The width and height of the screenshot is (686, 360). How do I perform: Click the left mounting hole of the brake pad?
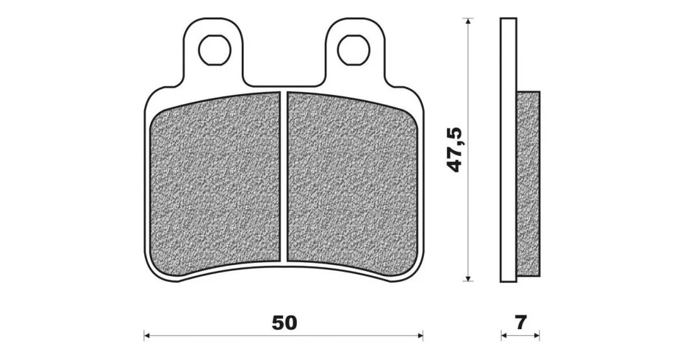pyautogui.click(x=214, y=50)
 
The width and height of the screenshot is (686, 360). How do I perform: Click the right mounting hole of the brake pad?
pyautogui.click(x=354, y=50)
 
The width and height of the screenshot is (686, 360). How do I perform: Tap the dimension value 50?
pyautogui.click(x=284, y=323)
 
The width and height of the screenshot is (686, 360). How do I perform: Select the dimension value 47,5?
pyautogui.click(x=455, y=150)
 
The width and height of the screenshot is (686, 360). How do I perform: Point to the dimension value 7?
pyautogui.click(x=521, y=323)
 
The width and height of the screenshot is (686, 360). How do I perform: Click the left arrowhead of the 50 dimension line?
pyautogui.click(x=147, y=336)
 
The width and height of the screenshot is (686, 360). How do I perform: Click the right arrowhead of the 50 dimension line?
pyautogui.click(x=420, y=336)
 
